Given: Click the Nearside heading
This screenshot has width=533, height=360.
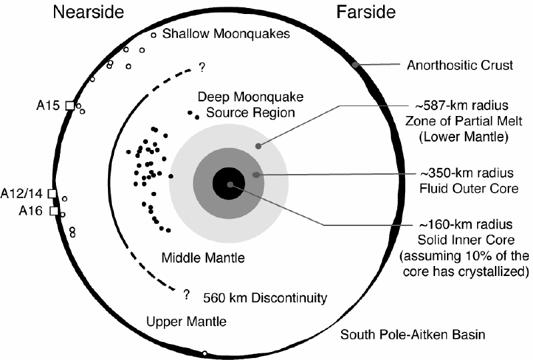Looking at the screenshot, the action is (89, 12).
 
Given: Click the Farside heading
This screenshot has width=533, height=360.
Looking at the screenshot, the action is (366, 12).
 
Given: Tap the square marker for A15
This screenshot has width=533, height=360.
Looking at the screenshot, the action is (70, 105).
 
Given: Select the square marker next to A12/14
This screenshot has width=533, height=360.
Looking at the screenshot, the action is (52, 193).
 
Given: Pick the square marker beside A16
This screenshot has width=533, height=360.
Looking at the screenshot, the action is (54, 211).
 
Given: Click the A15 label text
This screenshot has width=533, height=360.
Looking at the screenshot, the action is (48, 105).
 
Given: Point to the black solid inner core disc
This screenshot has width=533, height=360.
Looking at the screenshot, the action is (229, 184).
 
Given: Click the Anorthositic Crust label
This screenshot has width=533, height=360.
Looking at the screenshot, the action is (460, 65).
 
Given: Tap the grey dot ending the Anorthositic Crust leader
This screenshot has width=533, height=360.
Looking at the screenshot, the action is (355, 65).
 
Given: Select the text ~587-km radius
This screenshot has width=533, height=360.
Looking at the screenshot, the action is (462, 105).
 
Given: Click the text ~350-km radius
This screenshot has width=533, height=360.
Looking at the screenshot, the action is (467, 173).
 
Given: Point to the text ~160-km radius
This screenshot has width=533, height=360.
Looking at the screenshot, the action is (466, 225).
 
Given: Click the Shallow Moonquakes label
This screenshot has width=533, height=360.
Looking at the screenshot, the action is (226, 34).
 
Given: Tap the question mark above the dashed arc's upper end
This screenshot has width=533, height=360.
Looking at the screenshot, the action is (202, 67).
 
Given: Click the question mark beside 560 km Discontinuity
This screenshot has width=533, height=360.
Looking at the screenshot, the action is (187, 294).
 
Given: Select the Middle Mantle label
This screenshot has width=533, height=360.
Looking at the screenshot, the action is (203, 257).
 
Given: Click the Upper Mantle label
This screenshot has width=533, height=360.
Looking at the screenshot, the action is (187, 321).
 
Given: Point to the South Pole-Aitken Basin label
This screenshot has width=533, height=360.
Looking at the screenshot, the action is (412, 335).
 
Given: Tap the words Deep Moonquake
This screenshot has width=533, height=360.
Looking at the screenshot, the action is (251, 97).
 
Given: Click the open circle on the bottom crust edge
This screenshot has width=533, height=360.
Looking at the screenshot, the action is (205, 353).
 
